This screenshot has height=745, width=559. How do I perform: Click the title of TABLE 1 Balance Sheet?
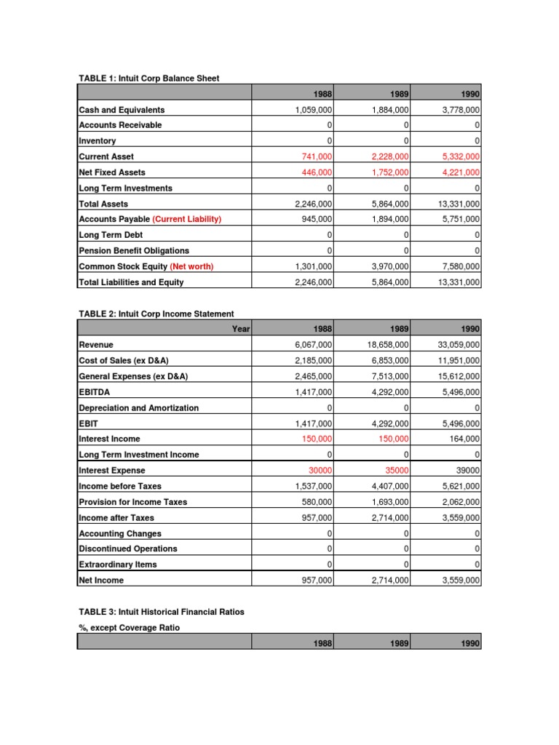[148, 78]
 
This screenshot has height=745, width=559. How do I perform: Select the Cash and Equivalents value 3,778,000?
[458, 110]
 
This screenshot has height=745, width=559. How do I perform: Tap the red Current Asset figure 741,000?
[314, 156]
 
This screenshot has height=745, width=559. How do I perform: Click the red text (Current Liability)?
[187, 219]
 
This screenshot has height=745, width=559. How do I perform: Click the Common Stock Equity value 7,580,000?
[458, 266]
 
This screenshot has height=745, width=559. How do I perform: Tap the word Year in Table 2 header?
[241, 330]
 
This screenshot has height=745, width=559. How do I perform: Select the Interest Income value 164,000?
[463, 439]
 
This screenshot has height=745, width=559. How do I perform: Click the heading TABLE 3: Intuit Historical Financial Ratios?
[161, 612]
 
